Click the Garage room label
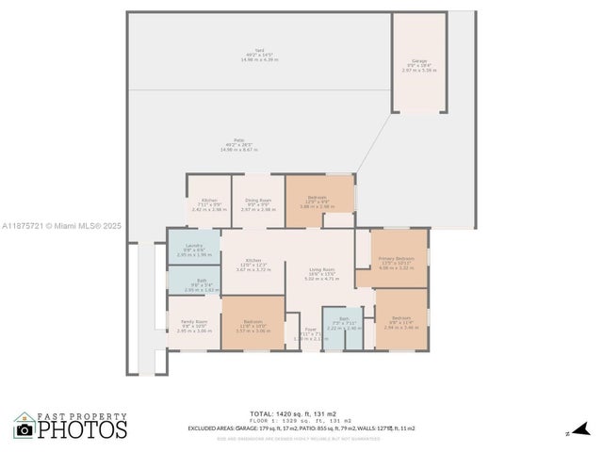417,60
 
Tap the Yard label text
260,54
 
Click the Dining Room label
258,200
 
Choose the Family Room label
194,322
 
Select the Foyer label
310,329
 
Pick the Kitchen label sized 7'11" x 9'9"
209,200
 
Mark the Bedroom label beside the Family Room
253,320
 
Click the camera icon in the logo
24,429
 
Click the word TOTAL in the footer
261,413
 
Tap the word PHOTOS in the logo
82,430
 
